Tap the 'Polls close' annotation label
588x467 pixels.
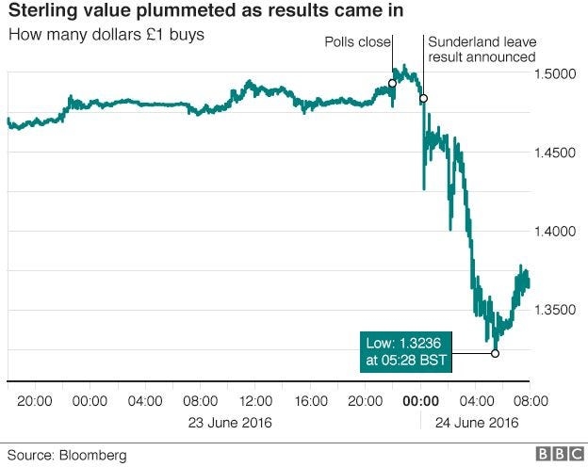356,43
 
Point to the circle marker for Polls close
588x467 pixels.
392,84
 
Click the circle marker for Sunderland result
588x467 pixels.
423,99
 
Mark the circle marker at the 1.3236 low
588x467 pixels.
495,353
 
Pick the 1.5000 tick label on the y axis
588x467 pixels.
557,73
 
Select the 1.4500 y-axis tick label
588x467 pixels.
557,153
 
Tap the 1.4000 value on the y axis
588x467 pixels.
557,232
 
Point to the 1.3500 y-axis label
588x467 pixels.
557,310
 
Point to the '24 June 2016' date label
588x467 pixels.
475,422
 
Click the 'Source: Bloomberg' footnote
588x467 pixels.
68,456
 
